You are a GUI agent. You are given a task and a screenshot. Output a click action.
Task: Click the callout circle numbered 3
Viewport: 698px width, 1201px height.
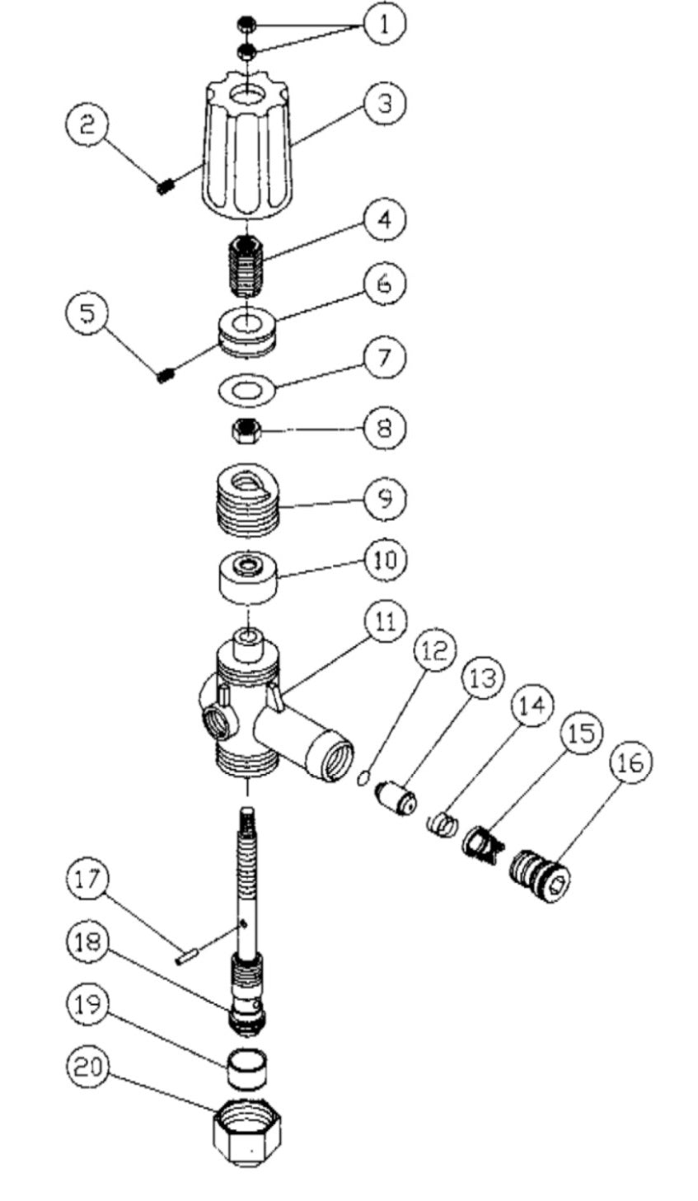(385, 104)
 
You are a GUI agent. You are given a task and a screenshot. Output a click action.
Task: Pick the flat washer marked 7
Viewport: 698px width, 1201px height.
(246, 387)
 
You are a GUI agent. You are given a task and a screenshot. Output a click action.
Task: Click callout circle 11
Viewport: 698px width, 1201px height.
(385, 621)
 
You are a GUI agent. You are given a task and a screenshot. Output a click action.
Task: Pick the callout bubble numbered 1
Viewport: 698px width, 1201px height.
(385, 25)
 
